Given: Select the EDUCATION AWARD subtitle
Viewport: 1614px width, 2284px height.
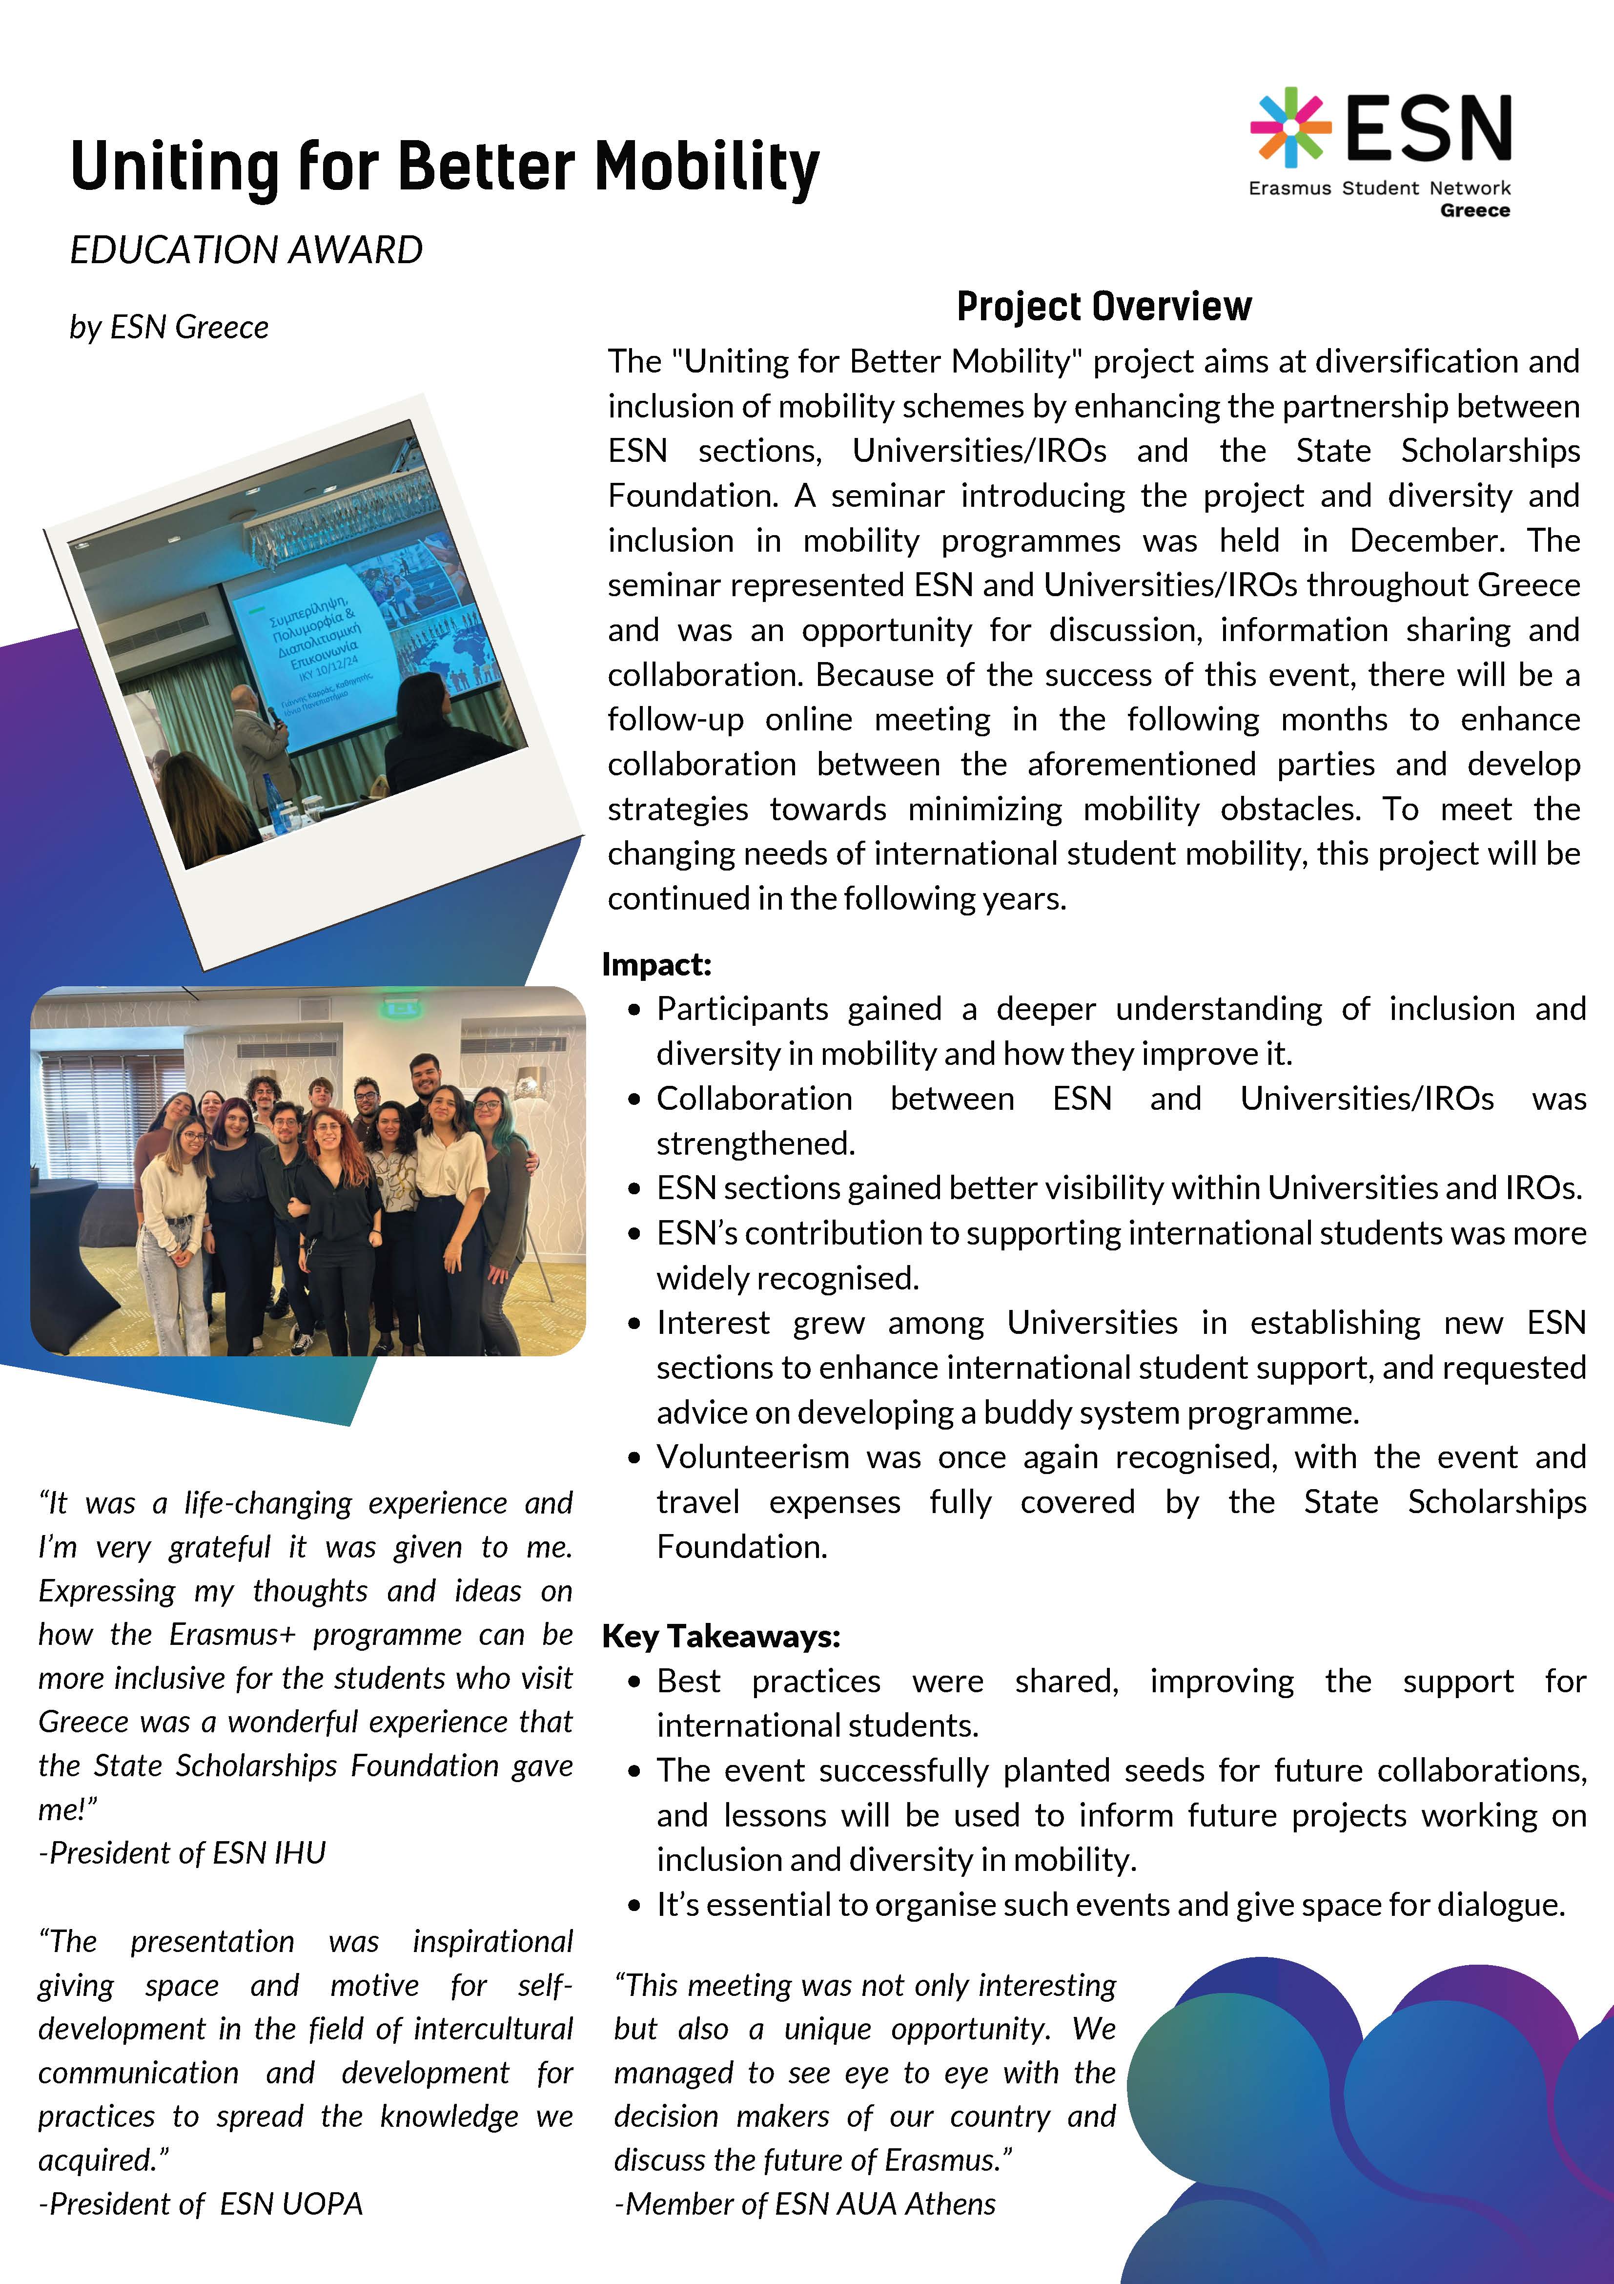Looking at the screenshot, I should click(245, 249).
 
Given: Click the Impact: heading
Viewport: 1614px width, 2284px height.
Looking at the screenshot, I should click(656, 964).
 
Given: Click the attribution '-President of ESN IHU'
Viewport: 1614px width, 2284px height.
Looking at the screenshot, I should click(182, 1852).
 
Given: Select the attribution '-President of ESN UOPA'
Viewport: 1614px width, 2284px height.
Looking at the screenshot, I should click(200, 2203).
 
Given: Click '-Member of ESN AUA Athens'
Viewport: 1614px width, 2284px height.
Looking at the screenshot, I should click(804, 2203).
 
